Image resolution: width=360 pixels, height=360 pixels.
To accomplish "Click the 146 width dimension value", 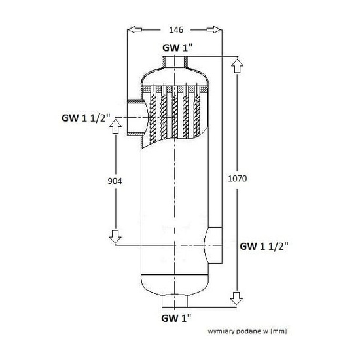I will pyautogui.click(x=175, y=29).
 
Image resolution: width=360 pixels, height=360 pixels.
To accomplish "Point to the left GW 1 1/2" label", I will pyautogui.click(x=86, y=118).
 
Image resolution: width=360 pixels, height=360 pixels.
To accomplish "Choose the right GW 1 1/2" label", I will pyautogui.click(x=264, y=246).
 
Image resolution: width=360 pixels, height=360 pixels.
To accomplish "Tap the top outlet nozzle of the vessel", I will pyautogui.click(x=175, y=63).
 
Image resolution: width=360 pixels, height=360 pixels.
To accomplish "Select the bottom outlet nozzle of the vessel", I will pyautogui.click(x=175, y=301).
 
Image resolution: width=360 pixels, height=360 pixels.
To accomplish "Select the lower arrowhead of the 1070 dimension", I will pyautogui.click(x=236, y=299).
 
